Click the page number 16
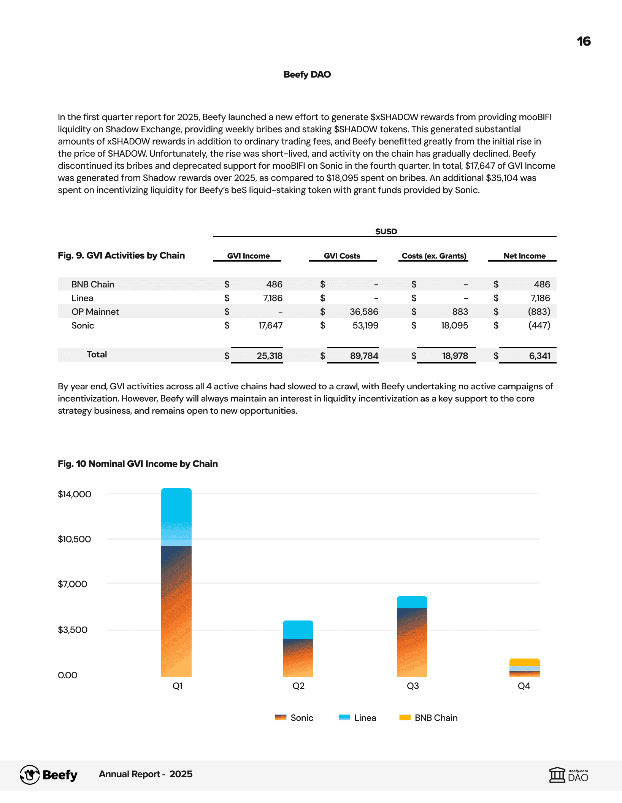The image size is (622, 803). pos(584,41)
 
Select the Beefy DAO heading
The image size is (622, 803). pos(307,75)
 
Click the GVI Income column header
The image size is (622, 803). pos(248,256)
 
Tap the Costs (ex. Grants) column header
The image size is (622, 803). pos(434,256)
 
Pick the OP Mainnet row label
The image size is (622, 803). pos(95,312)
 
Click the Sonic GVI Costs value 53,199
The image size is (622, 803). pos(365,325)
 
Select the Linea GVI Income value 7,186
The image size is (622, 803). pos(273,298)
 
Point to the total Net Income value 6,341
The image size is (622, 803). pos(539,356)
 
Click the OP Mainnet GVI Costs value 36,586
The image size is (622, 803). pos(364,312)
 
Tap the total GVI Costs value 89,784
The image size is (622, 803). pos(364,356)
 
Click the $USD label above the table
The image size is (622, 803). pos(386,232)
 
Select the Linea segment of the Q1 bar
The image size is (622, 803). pos(176,517)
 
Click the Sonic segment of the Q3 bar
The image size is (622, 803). pos(412,643)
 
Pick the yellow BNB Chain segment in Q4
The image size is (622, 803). pos(524,662)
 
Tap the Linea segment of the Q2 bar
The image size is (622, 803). pos(298,630)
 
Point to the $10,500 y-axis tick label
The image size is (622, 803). pos(74,539)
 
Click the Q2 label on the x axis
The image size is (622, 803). pos(298,686)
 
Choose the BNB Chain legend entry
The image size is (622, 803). pos(429,718)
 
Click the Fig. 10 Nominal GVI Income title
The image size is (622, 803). pos(138,464)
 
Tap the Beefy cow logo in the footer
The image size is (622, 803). pos(30,775)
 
